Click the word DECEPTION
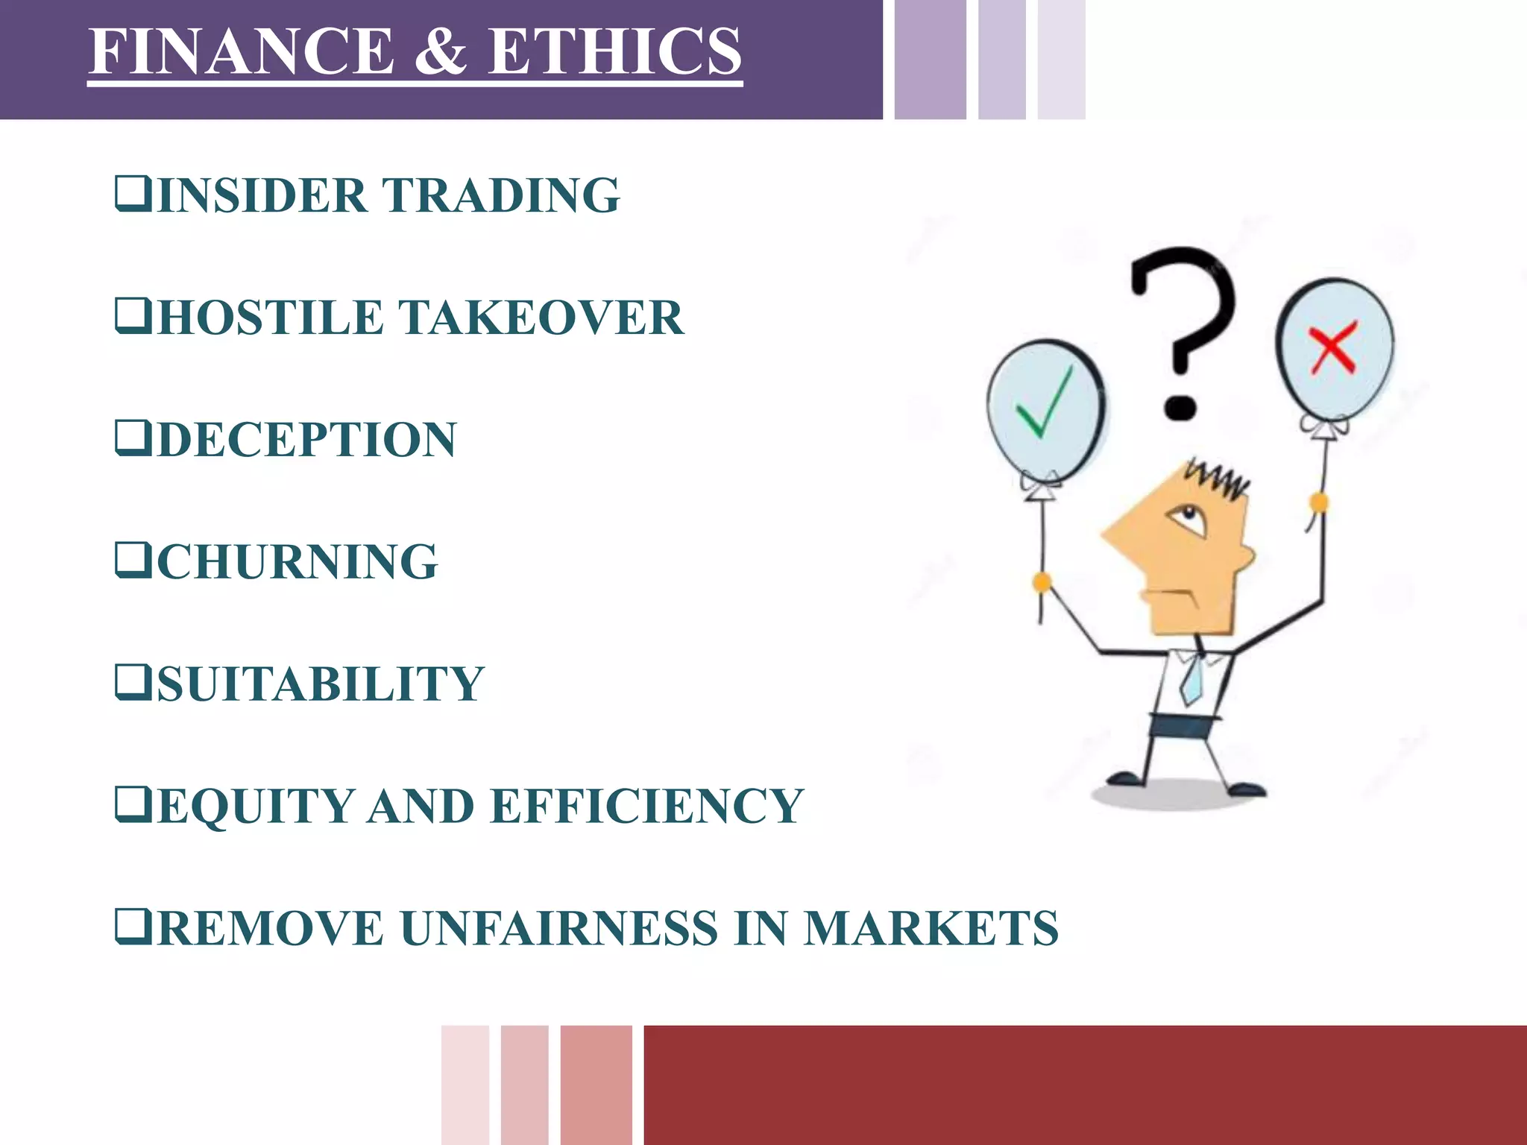306,440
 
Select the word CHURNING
297,561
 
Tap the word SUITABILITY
321,684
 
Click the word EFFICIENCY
647,806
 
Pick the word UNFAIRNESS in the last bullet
559,928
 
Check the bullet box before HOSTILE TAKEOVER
133,316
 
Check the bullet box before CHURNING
133,560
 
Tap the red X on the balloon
1333,347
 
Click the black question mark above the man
1182,328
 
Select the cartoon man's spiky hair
1217,477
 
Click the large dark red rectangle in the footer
1085,1085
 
